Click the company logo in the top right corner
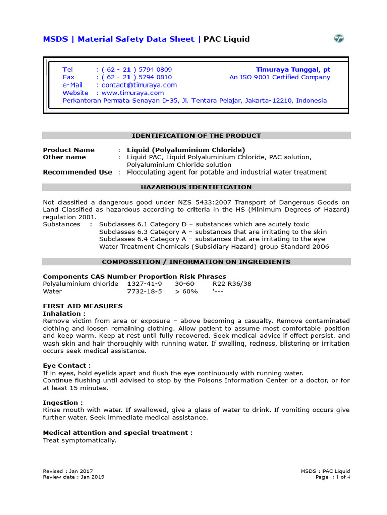point(339,39)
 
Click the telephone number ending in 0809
point(137,69)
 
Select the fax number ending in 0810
point(137,77)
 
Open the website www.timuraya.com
point(133,93)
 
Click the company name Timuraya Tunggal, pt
point(293,69)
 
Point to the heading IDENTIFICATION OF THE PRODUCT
point(196,136)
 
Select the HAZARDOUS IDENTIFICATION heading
point(196,187)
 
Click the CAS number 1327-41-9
point(145,284)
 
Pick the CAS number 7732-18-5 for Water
point(145,292)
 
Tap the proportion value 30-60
point(184,284)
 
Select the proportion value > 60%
point(186,292)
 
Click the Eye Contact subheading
point(67,366)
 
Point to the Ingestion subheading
point(63,403)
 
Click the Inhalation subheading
point(64,313)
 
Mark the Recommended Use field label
point(78,172)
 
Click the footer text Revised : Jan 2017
point(68,471)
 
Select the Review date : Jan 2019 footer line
point(74,477)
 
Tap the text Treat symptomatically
point(80,440)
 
